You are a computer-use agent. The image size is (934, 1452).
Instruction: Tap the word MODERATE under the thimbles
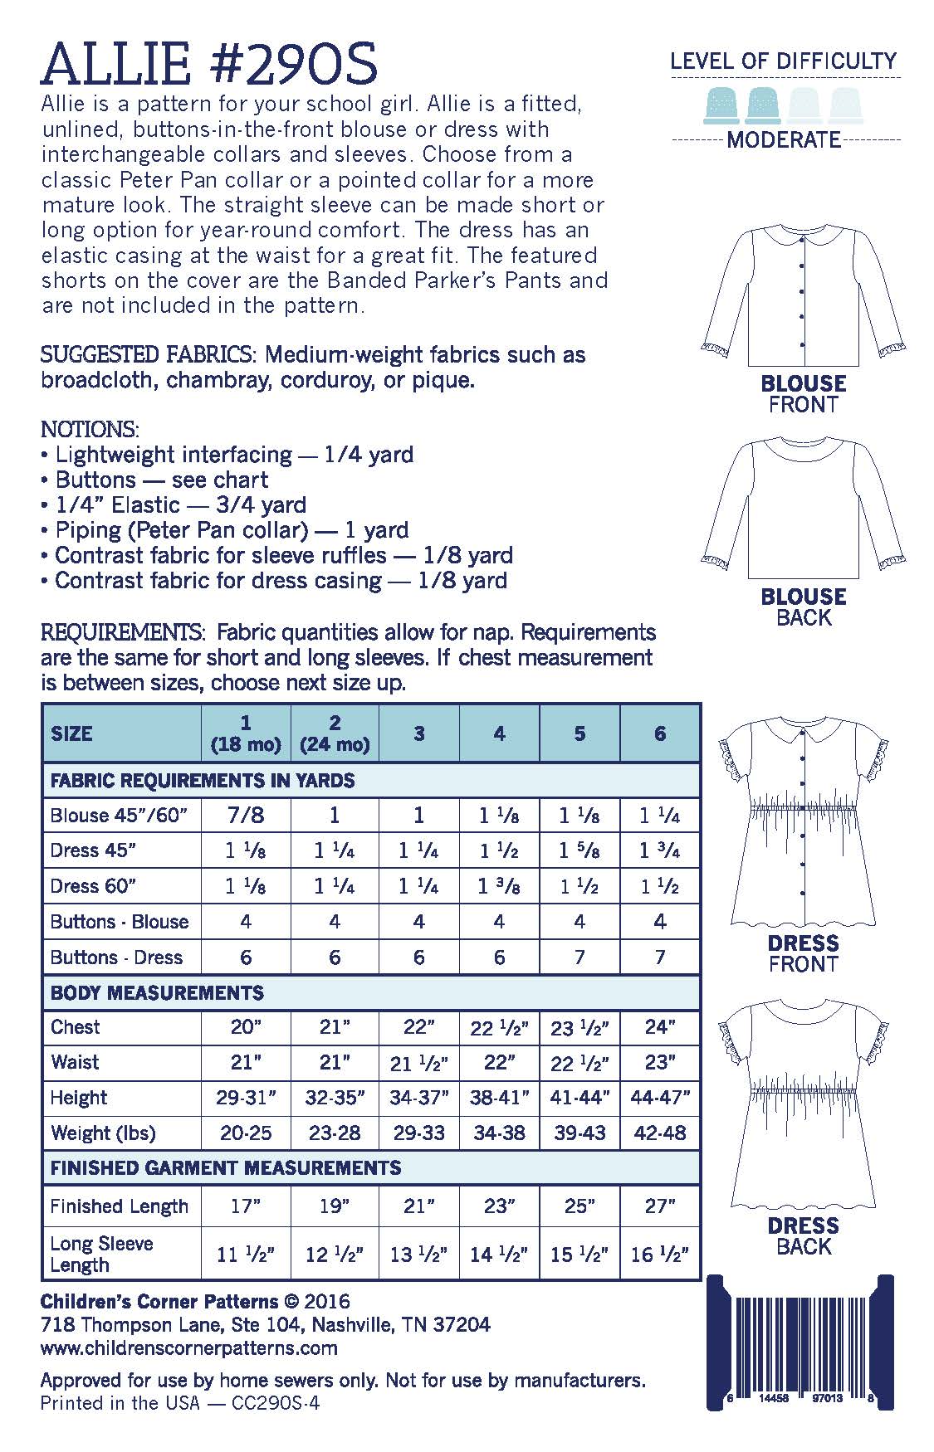tap(783, 139)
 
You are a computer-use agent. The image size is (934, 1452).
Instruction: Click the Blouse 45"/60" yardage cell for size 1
tap(246, 815)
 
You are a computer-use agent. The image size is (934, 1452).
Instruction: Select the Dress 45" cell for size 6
tap(660, 850)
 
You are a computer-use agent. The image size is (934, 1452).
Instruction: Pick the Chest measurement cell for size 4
tap(499, 1027)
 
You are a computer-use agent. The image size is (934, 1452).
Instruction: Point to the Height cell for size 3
tap(418, 1098)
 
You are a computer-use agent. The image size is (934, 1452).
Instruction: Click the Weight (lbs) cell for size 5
tap(579, 1133)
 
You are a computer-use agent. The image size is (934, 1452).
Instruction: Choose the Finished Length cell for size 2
tap(335, 1206)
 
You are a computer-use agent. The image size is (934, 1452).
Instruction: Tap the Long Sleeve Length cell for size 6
tap(660, 1254)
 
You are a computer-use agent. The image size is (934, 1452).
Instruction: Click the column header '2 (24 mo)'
tap(335, 733)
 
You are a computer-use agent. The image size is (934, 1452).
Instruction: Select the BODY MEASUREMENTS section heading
tap(157, 992)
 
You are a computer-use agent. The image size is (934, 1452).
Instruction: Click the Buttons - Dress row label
tap(116, 957)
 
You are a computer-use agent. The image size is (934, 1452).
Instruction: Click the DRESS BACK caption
tap(803, 1235)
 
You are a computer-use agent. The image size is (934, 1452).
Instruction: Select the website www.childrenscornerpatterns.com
tap(188, 1347)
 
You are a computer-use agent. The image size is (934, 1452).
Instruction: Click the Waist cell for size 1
tap(246, 1062)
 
